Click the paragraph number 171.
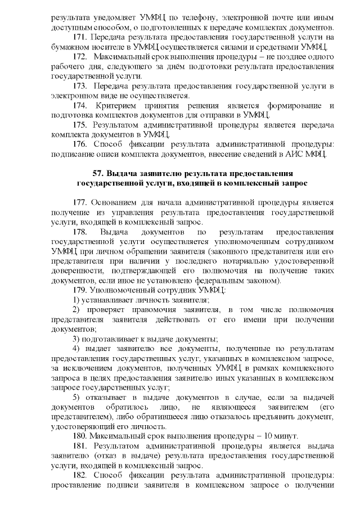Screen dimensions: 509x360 [x=80, y=37]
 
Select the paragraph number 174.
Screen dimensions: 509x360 [x=80, y=105]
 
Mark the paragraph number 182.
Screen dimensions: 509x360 [x=80, y=476]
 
